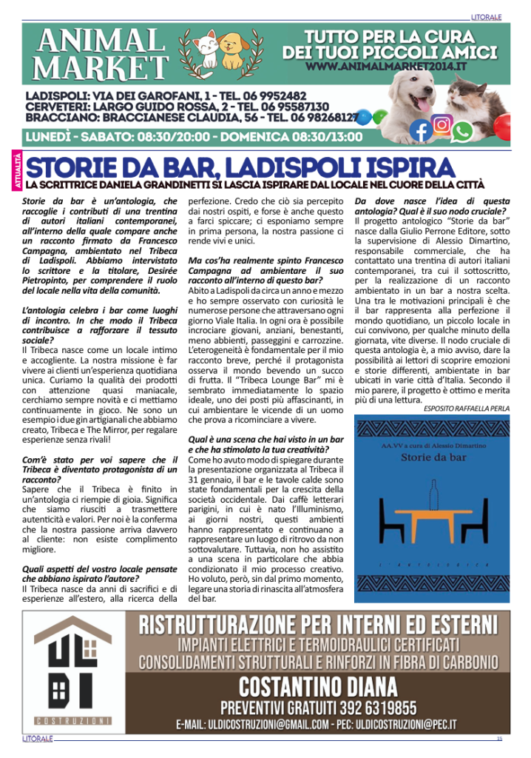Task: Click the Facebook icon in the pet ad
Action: pyautogui.click(x=420, y=131)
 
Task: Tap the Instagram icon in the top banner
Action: pyautogui.click(x=442, y=124)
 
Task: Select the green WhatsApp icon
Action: pyautogui.click(x=463, y=132)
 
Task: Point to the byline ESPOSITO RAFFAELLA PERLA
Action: pyautogui.click(x=467, y=408)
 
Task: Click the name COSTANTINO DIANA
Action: pyautogui.click(x=317, y=685)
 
